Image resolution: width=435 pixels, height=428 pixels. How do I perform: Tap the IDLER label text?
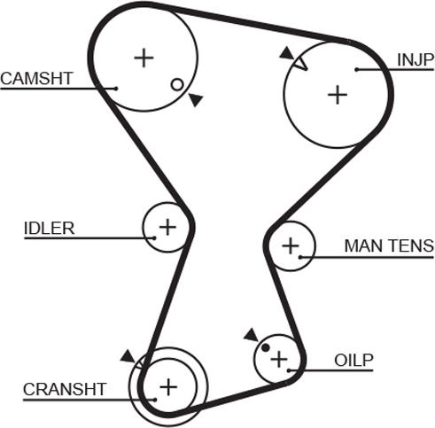pos(49,228)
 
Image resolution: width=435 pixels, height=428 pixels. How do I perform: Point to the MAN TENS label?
pos(388,245)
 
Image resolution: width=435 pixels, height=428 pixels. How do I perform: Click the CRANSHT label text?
pos(65,388)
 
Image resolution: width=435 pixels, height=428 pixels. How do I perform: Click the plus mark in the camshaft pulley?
pos(144,58)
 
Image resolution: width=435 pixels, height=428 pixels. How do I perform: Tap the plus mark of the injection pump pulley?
pos(337,94)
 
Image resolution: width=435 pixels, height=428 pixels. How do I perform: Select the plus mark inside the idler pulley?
pos(167,228)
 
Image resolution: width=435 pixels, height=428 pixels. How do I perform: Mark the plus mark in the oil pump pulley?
pos(279,359)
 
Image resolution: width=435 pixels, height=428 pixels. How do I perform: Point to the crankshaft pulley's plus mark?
pos(167,386)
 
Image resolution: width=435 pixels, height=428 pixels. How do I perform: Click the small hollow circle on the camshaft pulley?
pos(177,84)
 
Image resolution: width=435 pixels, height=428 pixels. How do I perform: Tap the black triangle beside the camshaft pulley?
pos(195,101)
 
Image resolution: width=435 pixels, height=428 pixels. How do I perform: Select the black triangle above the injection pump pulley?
pos(285,53)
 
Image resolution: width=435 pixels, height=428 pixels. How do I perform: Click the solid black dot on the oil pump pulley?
pos(265,347)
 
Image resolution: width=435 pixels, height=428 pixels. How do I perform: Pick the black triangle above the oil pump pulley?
pos(251,334)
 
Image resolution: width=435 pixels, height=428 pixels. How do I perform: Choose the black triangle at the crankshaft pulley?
pos(128,355)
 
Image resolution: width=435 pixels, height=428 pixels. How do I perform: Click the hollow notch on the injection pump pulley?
pos(299,63)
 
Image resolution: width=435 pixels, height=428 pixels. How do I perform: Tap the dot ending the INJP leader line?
pos(355,69)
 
